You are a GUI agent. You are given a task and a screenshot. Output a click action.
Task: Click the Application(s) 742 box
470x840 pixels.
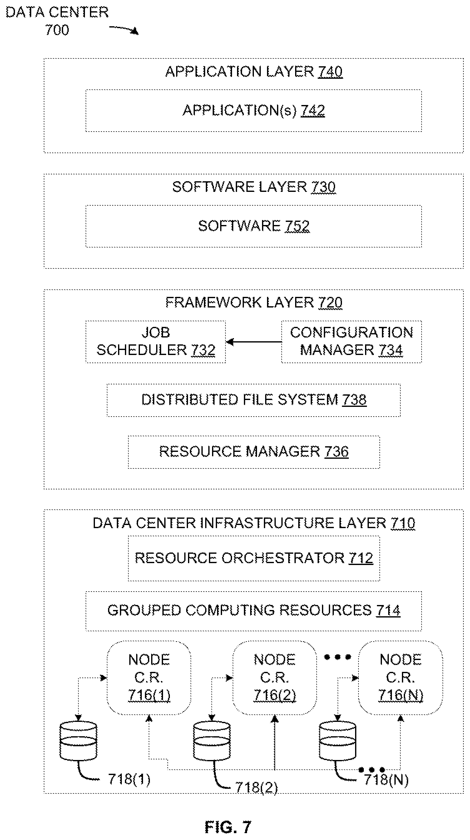[x=254, y=111]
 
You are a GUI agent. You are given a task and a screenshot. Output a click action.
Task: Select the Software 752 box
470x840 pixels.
[x=254, y=226]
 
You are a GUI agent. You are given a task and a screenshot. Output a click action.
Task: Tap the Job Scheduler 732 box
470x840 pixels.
[x=156, y=342]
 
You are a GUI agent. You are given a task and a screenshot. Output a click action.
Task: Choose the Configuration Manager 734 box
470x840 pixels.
[x=351, y=342]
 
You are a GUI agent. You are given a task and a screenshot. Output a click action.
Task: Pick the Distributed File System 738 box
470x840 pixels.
[x=254, y=400]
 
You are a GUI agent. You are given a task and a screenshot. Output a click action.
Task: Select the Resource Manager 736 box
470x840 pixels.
[x=254, y=452]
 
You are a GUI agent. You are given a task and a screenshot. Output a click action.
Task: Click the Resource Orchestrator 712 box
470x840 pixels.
[x=254, y=558]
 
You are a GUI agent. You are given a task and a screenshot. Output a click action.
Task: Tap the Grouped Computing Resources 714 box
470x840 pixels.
[x=254, y=611]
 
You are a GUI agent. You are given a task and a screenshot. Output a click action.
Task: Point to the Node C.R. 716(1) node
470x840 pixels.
[x=149, y=677]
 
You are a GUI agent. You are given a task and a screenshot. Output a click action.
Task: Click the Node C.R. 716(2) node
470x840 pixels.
[x=275, y=677]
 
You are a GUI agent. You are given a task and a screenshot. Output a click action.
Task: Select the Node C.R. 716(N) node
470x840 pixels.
[x=401, y=677]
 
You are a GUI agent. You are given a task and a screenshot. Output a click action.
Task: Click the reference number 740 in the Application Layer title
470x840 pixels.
[x=330, y=72]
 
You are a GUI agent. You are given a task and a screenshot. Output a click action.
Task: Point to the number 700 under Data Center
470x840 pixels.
[x=57, y=30]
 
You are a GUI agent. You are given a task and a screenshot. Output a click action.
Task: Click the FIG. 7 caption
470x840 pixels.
[x=228, y=827]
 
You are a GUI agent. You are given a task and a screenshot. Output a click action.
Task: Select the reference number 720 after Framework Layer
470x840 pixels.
[x=330, y=302]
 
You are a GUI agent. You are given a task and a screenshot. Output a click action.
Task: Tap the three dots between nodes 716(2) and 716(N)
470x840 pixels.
[x=338, y=657]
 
